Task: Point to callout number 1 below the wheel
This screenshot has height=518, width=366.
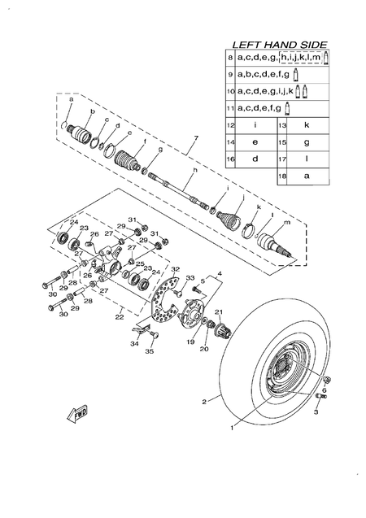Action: pos(232,425)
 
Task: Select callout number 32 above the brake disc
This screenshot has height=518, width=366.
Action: pos(174,269)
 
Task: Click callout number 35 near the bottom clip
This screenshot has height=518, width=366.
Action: pos(149,351)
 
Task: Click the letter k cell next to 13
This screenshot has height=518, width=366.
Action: pos(307,126)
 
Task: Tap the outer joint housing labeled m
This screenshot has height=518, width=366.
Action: pos(272,242)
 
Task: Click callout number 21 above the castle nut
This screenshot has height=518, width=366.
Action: pos(218,312)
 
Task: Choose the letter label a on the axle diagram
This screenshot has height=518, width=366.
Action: pos(71,99)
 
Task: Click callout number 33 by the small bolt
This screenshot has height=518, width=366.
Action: pos(190,279)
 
